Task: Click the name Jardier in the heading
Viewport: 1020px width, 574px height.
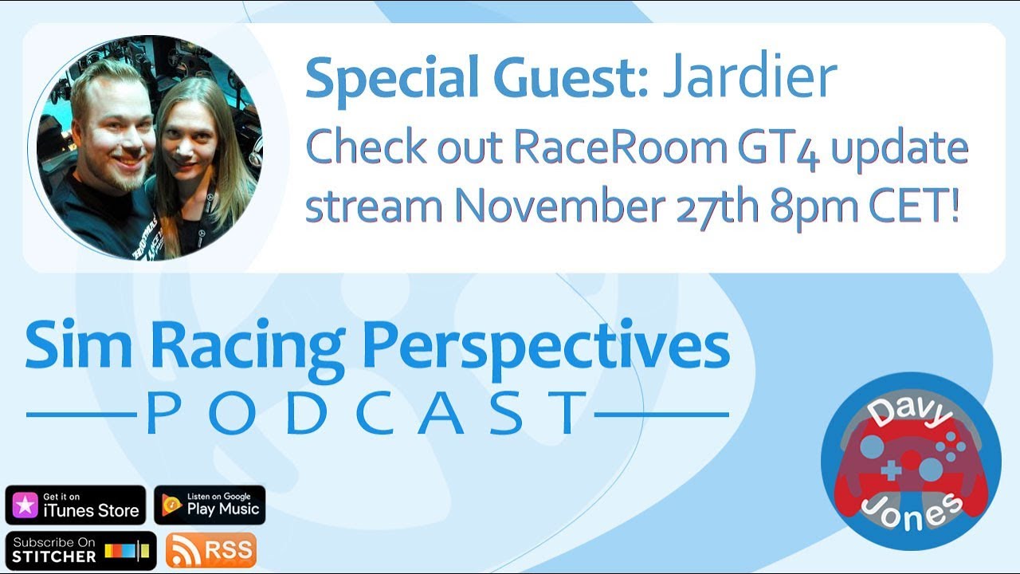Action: click(x=750, y=77)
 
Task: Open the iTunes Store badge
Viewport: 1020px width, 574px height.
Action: click(x=76, y=505)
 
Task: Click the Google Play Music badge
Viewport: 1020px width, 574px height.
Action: click(x=210, y=505)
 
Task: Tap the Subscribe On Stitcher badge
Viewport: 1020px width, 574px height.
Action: click(x=80, y=550)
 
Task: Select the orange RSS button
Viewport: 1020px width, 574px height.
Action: click(x=211, y=550)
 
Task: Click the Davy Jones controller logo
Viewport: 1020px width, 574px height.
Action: click(x=911, y=462)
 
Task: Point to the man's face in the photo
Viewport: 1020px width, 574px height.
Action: click(x=112, y=135)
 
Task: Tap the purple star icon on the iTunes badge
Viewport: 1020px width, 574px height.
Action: click(x=24, y=505)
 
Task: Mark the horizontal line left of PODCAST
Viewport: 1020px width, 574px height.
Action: click(x=80, y=415)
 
